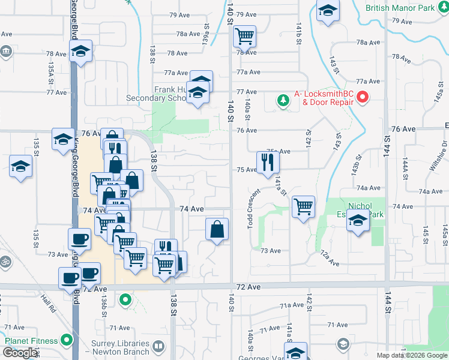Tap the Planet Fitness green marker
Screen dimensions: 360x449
coord(66,341)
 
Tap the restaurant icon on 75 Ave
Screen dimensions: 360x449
coord(266,161)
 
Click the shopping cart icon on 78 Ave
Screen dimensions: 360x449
coord(244,37)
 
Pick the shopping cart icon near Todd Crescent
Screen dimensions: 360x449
coord(303,206)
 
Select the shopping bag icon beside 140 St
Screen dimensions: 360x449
coord(217,229)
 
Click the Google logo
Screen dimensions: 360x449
coord(20,353)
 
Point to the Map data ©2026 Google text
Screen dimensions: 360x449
coord(411,355)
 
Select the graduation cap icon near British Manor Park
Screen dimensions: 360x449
coord(327,11)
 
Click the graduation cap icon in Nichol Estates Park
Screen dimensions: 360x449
coord(358,221)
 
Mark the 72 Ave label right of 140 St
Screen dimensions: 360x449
coord(249,288)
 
